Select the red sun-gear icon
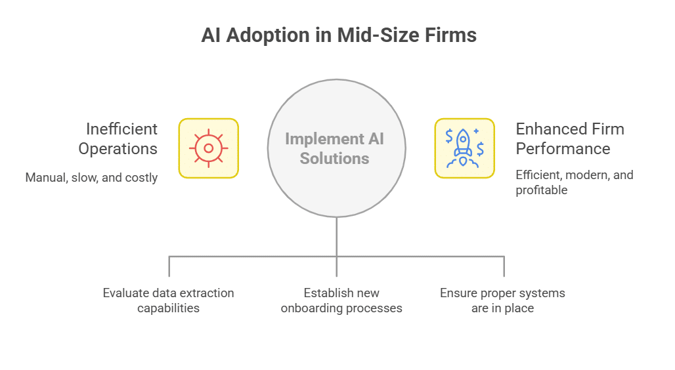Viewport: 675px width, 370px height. [209, 148]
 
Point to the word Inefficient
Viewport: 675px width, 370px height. [121, 129]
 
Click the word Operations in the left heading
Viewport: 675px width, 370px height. [118, 149]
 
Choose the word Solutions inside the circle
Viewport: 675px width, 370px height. [335, 158]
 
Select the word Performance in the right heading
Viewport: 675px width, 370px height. [563, 149]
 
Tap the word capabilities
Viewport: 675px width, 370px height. [168, 308]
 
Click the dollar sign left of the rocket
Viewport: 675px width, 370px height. [449, 136]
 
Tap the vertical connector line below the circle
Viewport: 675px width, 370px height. [337, 236]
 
